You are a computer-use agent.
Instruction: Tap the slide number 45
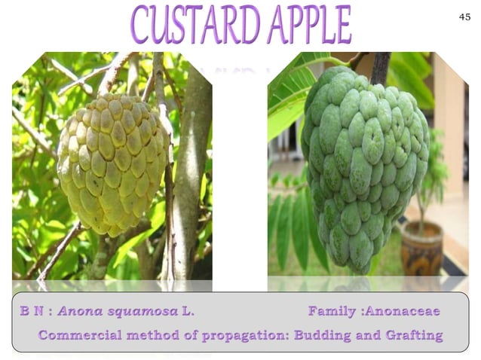click(x=464, y=16)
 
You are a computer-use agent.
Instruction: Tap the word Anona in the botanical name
click(x=79, y=311)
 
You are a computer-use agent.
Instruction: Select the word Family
click(x=332, y=311)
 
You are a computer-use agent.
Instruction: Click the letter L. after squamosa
click(x=188, y=311)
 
